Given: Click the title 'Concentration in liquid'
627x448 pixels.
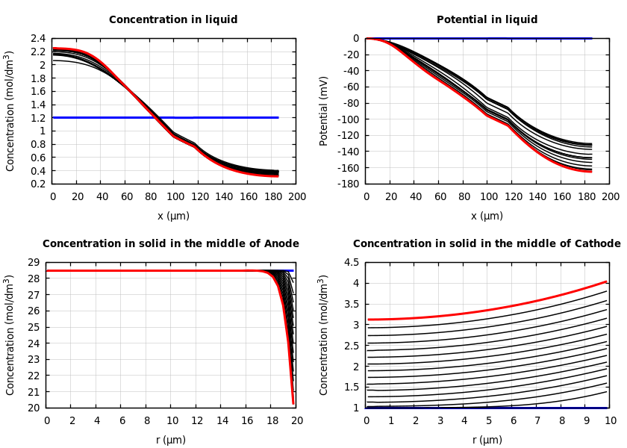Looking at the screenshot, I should coord(173,20).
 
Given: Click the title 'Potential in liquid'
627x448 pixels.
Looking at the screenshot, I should coord(487,20).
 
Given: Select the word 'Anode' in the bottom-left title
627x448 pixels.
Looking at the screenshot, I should coord(281,244).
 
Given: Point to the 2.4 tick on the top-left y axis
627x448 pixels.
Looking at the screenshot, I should coord(37,38).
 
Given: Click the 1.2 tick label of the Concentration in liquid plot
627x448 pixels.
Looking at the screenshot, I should coord(37,118).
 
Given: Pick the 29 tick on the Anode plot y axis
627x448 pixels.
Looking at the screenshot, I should coord(34,262).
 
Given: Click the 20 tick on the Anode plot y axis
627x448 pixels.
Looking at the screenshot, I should coord(34,408).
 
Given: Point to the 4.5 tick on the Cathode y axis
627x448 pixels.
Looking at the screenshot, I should coord(351,262).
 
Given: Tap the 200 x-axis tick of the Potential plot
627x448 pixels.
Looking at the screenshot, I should coord(611,196).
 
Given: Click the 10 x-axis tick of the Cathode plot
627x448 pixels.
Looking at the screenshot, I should coord(611,420).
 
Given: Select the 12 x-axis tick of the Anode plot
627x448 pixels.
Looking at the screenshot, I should coord(197,420).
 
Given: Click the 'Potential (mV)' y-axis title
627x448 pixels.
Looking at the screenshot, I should coord(324,111).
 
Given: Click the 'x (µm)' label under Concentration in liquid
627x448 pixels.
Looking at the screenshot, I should coord(173,217).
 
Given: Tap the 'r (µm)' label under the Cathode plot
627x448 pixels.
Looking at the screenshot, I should coord(487,440).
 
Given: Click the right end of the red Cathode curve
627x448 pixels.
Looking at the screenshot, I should coord(607,281).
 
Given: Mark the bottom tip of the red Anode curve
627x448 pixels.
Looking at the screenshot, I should coord(293,403).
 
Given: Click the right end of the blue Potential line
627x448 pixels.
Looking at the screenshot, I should coord(591,38).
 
